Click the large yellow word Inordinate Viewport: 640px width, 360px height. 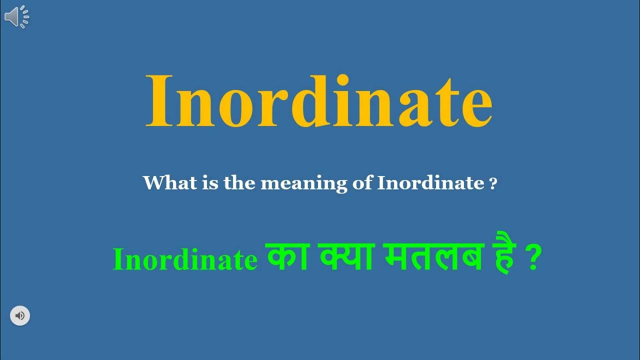[x=318, y=102]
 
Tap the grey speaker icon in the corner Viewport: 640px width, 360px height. [x=16, y=17]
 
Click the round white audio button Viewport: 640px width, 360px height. [x=20, y=316]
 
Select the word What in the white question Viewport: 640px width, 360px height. [x=164, y=183]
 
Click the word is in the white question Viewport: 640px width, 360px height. [x=204, y=183]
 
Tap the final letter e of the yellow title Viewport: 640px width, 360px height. [x=474, y=108]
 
